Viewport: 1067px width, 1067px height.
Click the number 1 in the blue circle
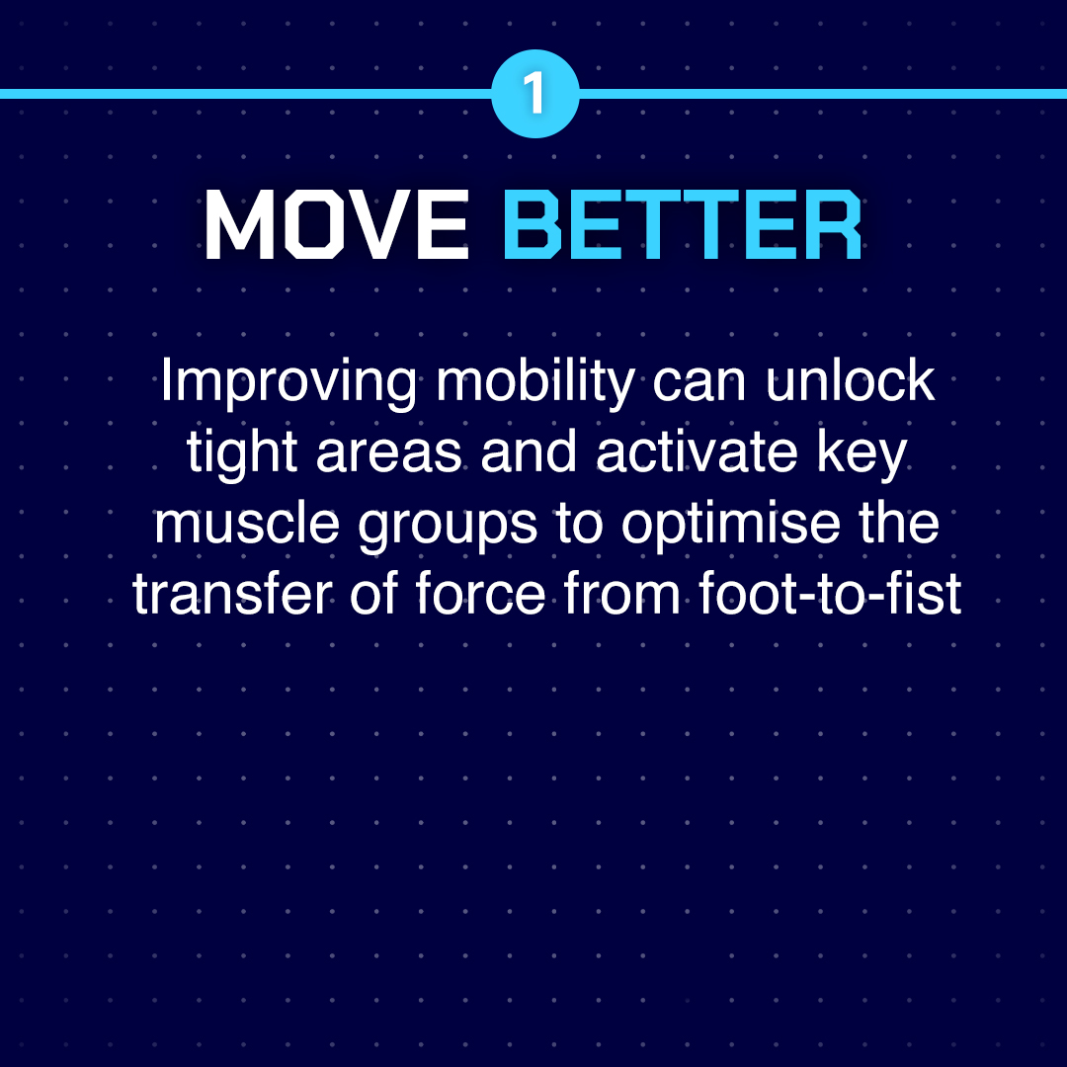[x=534, y=93]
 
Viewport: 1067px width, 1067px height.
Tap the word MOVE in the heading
[x=337, y=224]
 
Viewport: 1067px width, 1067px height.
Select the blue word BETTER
[x=683, y=224]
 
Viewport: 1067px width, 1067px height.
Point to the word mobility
[x=536, y=383]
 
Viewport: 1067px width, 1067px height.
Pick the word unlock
[x=850, y=379]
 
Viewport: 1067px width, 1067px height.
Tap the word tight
[x=242, y=455]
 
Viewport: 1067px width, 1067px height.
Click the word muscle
[x=247, y=523]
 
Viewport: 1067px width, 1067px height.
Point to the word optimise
[x=731, y=526]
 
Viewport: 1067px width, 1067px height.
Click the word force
[x=480, y=593]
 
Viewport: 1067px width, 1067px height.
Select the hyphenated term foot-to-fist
[x=830, y=593]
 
